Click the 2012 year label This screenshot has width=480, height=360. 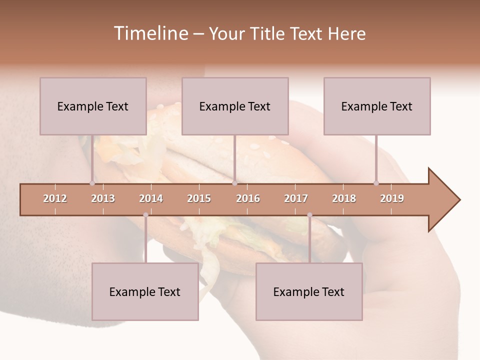pyautogui.click(x=55, y=198)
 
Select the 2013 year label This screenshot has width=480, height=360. pyautogui.click(x=103, y=198)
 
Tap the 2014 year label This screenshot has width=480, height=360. pyautogui.click(x=151, y=198)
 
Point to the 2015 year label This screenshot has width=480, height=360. pyautogui.click(x=199, y=198)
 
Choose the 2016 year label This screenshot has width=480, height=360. pyautogui.click(x=248, y=198)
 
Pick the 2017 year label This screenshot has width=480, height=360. pyautogui.click(x=296, y=198)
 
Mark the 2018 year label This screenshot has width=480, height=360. pyautogui.click(x=344, y=198)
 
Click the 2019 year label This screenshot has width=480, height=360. pyautogui.click(x=392, y=198)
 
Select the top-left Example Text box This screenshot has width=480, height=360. pyautogui.click(x=93, y=106)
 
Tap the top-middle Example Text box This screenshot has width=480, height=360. pyautogui.click(x=235, y=106)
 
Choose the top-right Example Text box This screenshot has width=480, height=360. pyautogui.click(x=377, y=106)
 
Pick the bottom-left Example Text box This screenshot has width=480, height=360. pyautogui.click(x=145, y=291)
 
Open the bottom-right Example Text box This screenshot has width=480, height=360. pyautogui.click(x=309, y=291)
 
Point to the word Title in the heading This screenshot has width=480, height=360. pyautogui.click(x=269, y=33)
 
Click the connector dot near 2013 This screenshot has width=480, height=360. pyautogui.click(x=92, y=183)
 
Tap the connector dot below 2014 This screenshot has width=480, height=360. pyautogui.click(x=145, y=215)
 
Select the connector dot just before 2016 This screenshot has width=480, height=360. pyautogui.click(x=234, y=183)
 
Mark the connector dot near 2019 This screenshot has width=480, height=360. pyautogui.click(x=376, y=183)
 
